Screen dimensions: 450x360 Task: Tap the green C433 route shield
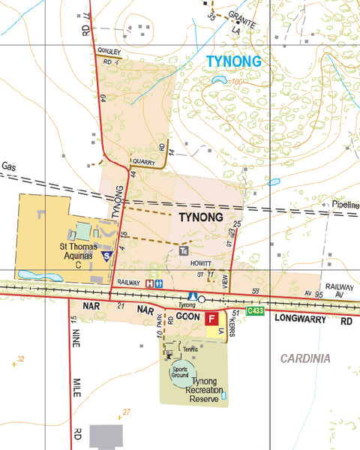[x=257, y=310]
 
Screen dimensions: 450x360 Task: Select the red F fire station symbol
[x=212, y=318]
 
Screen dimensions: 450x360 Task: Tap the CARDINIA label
[x=305, y=358]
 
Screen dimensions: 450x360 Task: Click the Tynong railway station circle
[x=202, y=298]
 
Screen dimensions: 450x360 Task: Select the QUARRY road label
[x=142, y=161]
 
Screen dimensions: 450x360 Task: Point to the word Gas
[x=9, y=166]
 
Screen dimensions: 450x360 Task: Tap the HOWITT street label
[x=200, y=265]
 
